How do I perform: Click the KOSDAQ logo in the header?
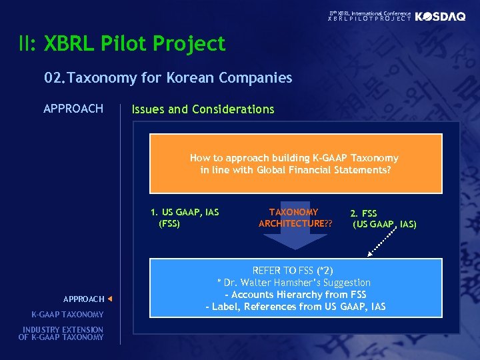(440, 17)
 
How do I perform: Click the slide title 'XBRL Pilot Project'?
(135, 44)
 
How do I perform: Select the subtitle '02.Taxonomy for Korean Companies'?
(168, 78)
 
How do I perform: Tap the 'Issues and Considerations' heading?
(203, 109)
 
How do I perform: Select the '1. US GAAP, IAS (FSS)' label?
(184, 218)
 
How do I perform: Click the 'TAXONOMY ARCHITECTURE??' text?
(295, 217)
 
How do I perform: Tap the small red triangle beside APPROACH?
(110, 299)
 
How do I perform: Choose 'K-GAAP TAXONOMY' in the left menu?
(67, 315)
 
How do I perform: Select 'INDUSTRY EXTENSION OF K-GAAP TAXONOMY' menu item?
(61, 333)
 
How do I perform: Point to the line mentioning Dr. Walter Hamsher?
(294, 283)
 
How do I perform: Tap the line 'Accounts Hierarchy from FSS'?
(295, 295)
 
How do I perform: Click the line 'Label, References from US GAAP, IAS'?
(295, 307)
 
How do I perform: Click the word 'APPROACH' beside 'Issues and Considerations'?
(73, 109)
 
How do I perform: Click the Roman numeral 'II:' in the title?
(29, 44)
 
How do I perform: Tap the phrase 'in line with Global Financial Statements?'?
(295, 170)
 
